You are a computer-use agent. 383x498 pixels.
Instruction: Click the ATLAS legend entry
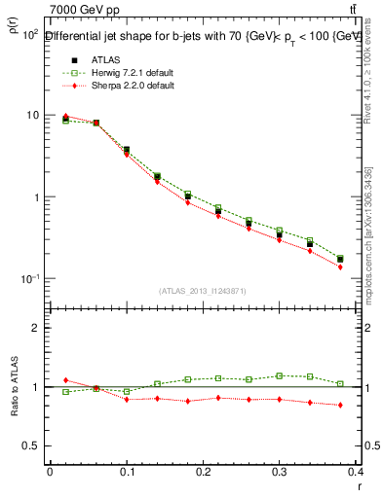tap(101, 58)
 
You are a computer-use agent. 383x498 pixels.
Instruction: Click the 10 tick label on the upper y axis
tap(32, 115)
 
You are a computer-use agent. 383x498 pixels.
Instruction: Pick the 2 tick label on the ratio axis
tap(36, 328)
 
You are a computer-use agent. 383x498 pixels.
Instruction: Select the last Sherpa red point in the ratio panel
tap(340, 405)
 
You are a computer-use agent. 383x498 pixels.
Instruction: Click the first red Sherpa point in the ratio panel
tap(65, 380)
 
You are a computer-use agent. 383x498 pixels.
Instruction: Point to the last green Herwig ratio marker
tap(340, 383)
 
